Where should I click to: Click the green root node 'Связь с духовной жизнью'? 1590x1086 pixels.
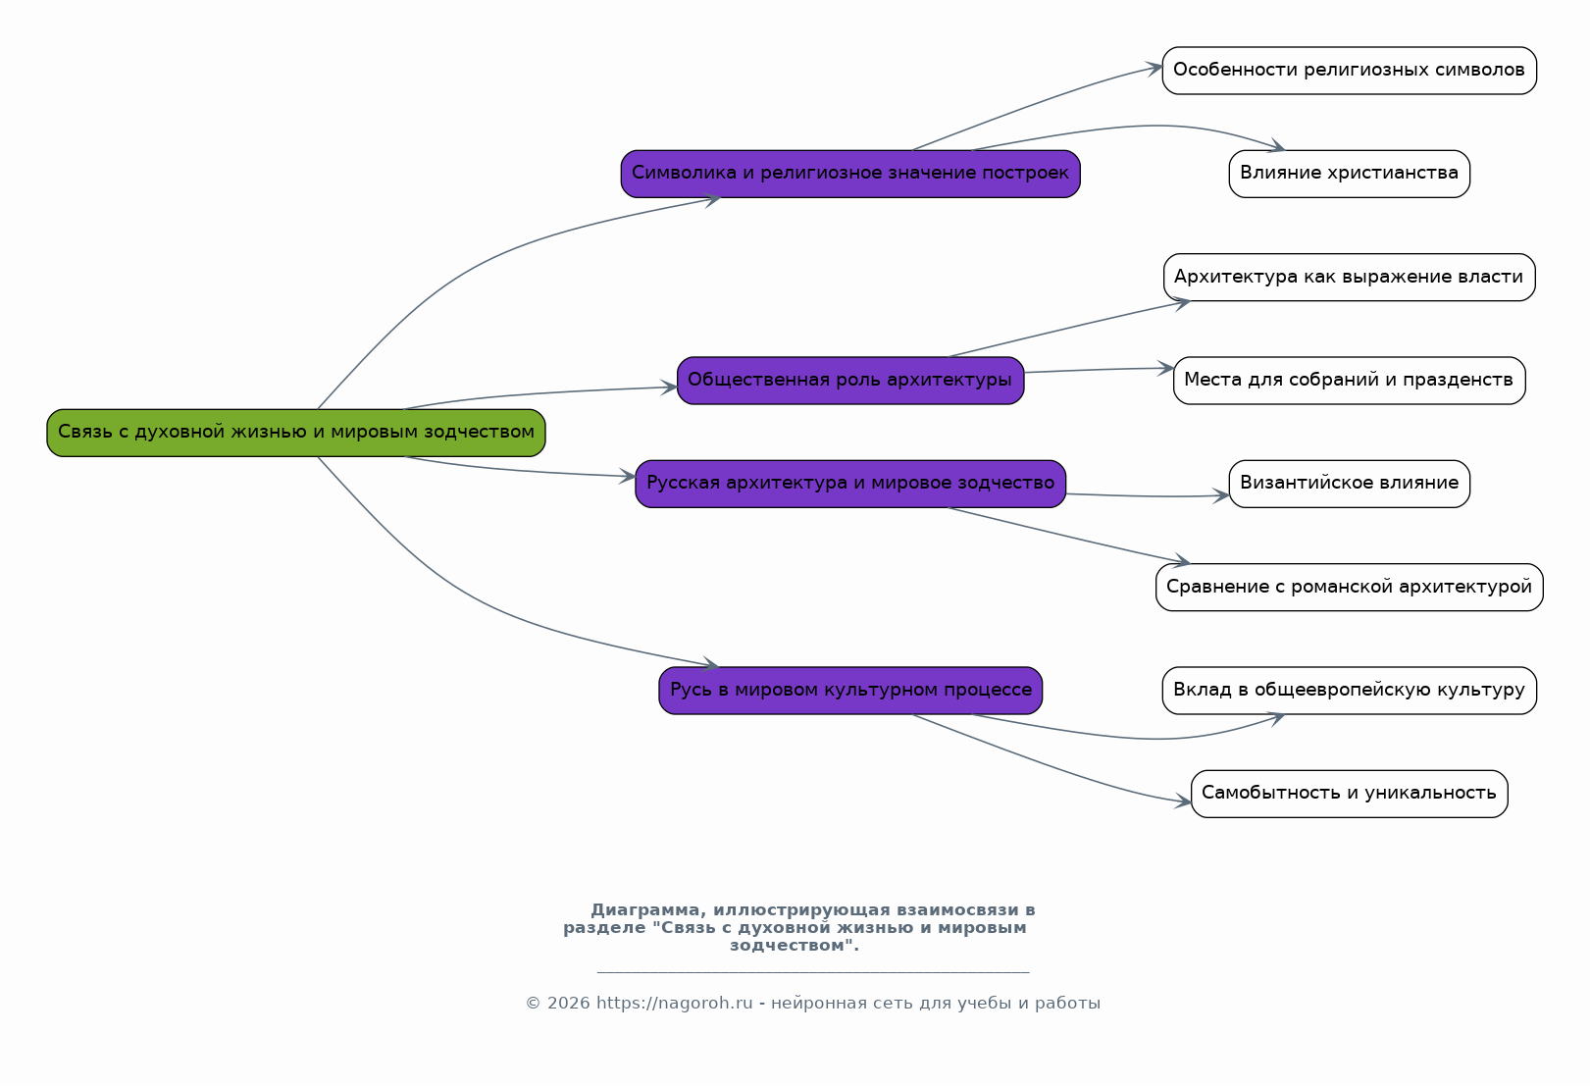tap(296, 433)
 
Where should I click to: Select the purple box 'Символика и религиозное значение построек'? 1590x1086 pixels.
tap(850, 174)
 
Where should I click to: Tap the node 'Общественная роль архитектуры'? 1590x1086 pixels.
tap(850, 382)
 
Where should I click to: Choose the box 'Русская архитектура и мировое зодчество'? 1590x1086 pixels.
tap(850, 484)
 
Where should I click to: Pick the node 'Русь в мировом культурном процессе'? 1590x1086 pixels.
tap(850, 691)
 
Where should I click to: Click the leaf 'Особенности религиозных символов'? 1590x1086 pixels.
tap(1350, 71)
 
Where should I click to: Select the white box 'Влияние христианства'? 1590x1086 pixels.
tap(1350, 174)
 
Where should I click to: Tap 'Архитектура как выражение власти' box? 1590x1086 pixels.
tap(1350, 278)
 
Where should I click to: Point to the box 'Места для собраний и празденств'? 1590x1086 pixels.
tap(1350, 382)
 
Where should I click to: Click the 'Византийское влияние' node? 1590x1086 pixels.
tap(1350, 484)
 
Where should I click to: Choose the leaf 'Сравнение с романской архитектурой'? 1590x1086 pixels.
tap(1350, 588)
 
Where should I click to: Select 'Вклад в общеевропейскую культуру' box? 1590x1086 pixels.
tap(1350, 691)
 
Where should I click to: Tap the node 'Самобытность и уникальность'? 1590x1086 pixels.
tap(1350, 795)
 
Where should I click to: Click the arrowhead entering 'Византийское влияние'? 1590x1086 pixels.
tap(1222, 495)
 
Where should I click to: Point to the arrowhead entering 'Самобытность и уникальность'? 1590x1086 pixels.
tap(1184, 802)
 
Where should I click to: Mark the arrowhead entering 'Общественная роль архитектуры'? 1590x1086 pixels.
tap(669, 388)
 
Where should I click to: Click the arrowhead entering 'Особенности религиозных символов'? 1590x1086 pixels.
tap(1154, 69)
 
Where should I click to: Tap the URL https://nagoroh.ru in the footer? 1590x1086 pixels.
tap(674, 1003)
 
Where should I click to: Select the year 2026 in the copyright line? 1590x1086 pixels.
tap(569, 1003)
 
